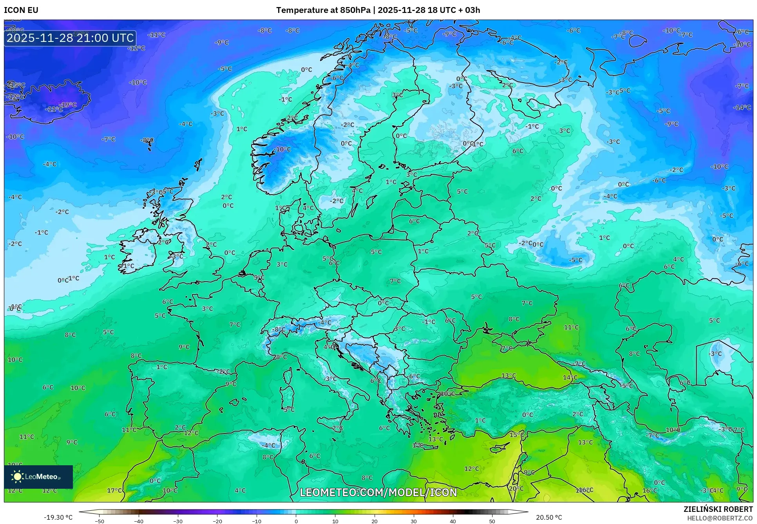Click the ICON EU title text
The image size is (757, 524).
click(21, 10)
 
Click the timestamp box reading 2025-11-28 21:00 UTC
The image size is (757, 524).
click(70, 38)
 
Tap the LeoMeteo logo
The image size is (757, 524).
click(38, 477)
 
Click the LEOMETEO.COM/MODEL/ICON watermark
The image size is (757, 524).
click(378, 492)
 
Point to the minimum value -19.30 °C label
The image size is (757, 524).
click(58, 517)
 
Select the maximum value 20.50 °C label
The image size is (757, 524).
click(549, 517)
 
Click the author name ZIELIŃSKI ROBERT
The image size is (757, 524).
click(718, 509)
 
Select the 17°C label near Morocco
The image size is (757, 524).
click(114, 490)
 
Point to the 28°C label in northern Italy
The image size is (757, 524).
click(280, 357)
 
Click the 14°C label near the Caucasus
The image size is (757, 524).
click(570, 378)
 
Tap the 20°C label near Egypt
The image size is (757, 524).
click(516, 488)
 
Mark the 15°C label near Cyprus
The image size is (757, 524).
click(516, 435)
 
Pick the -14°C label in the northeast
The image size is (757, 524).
click(742, 107)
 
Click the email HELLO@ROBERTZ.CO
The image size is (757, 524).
click(720, 518)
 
